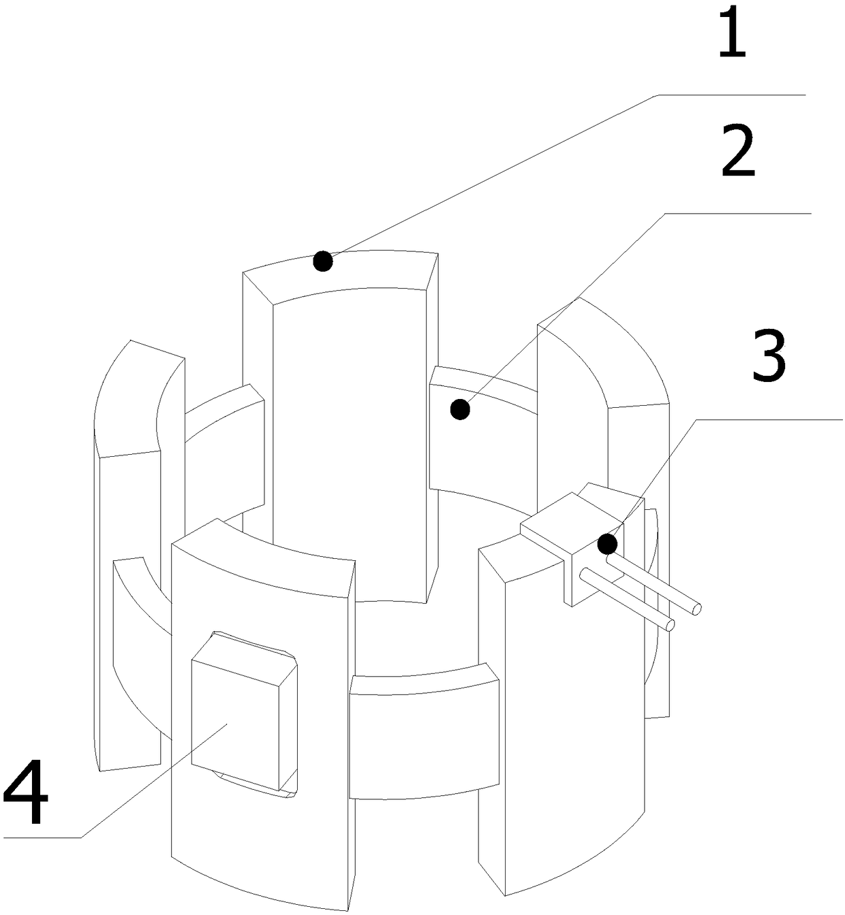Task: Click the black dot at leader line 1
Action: (322, 261)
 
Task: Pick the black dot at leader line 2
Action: (461, 409)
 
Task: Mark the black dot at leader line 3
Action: (607, 544)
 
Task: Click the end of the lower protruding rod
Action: (671, 624)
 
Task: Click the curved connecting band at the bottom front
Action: (422, 735)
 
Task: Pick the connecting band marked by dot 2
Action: (477, 436)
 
